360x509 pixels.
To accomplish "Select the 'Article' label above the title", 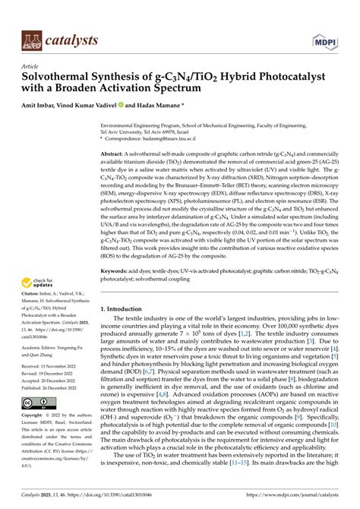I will [31, 66].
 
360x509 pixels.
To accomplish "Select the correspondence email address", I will [170, 139].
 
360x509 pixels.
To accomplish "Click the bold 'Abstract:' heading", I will [113, 154].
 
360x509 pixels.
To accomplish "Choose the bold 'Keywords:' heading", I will [116, 292].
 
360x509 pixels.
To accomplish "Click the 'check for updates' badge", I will [37, 304].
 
